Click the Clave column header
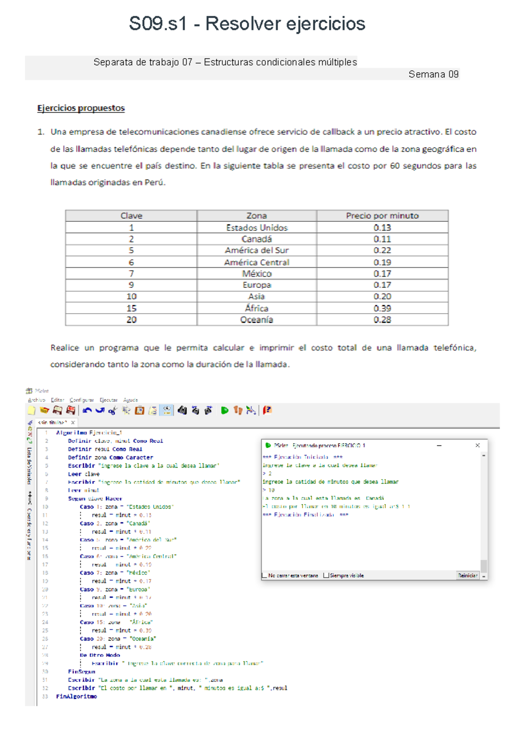(131, 216)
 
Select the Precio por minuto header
(382, 216)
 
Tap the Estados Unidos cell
(257, 228)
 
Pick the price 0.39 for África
(382, 308)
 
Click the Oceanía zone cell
(257, 320)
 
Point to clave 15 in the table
(131, 308)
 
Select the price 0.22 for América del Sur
(382, 250)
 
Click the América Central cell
(257, 262)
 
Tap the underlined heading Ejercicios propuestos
(81, 108)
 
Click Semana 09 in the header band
(433, 74)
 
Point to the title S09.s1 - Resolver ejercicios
(247, 23)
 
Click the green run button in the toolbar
(224, 411)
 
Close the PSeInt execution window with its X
(477, 446)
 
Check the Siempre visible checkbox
(326, 576)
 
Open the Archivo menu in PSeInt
(36, 400)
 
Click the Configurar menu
(81, 400)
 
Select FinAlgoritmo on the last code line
(76, 697)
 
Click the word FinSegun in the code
(81, 672)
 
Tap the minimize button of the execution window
(439, 446)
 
